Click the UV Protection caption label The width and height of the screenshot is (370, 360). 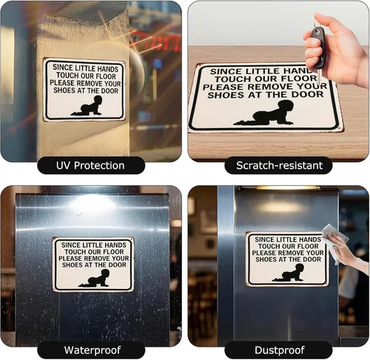91,165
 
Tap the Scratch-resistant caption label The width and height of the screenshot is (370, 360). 279,165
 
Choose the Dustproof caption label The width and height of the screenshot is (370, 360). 279,350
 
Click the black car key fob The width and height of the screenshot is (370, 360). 318,47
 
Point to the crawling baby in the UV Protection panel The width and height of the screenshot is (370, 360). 87,106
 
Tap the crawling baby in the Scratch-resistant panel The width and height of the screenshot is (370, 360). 264,113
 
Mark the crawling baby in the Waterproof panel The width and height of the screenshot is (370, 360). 94,279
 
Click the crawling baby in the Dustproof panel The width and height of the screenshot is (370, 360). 288,273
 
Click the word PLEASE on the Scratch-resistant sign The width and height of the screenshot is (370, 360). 223,87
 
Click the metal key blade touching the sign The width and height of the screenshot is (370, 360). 319,76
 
